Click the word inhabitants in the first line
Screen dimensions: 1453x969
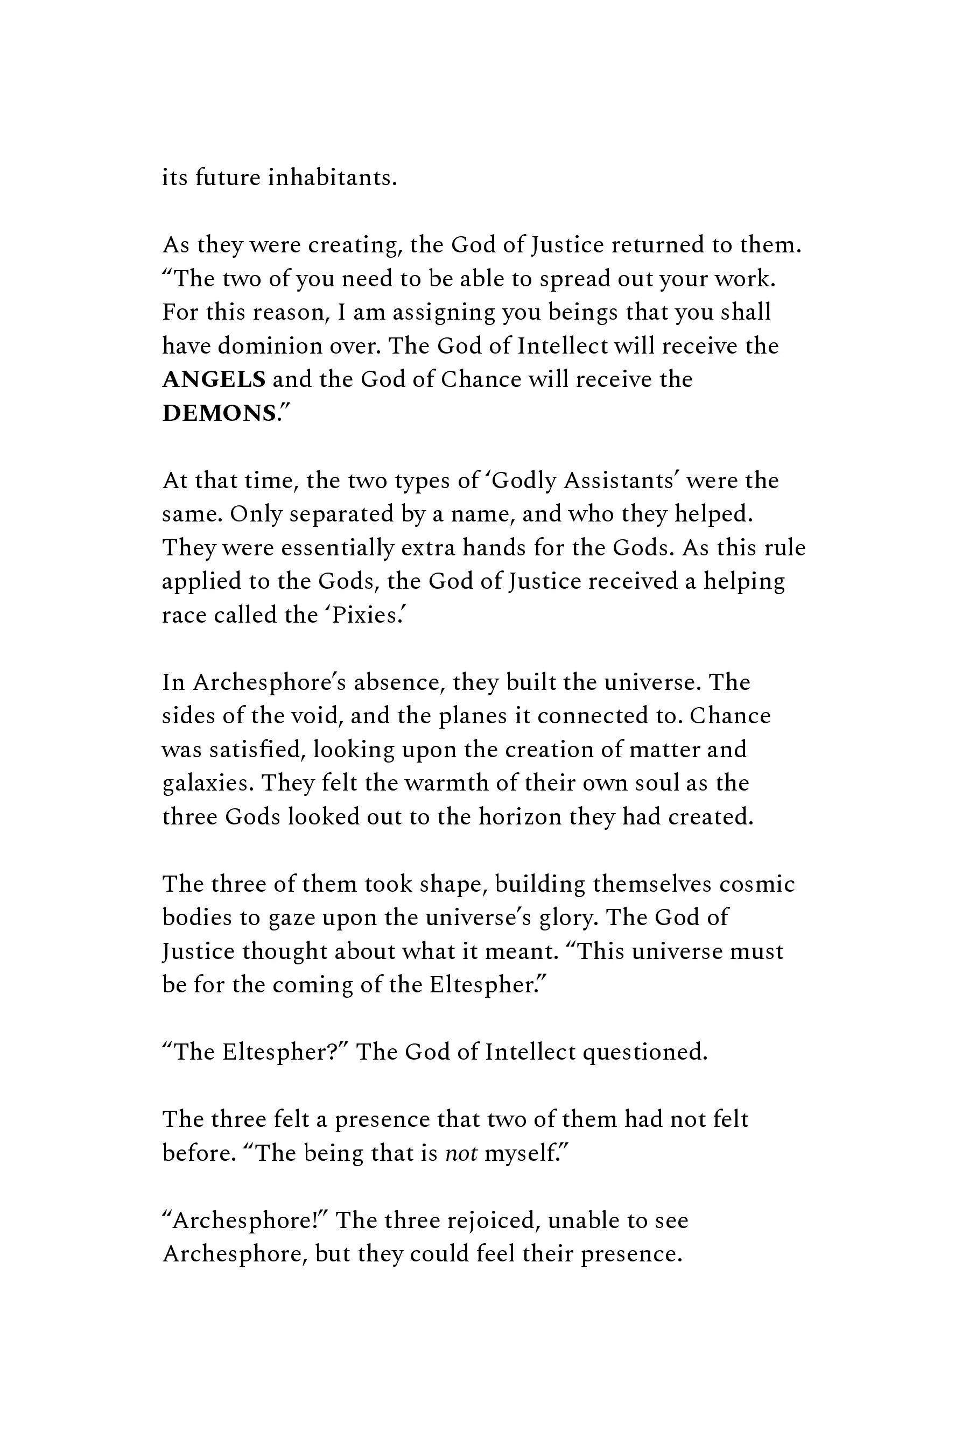(x=332, y=178)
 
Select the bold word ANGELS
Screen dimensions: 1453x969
(x=214, y=379)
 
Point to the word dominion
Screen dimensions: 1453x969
(x=270, y=346)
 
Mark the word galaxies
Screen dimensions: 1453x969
(x=208, y=784)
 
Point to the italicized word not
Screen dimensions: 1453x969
(x=461, y=1153)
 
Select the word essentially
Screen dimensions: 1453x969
(x=335, y=548)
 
